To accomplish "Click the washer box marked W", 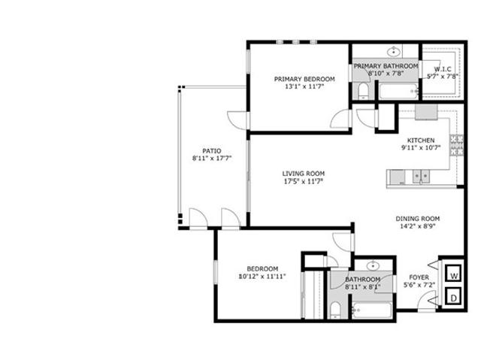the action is point(454,273).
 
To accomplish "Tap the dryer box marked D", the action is point(454,296).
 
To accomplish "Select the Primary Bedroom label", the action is point(304,79).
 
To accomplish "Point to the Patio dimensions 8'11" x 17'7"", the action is point(212,159).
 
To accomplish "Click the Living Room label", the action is point(304,174).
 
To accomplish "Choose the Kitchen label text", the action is point(421,141).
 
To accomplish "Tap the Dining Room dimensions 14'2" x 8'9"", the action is point(418,227).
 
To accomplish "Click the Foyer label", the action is point(419,277).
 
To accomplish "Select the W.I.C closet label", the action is point(443,69).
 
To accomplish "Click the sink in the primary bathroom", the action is point(393,52).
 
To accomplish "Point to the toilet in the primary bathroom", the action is point(364,91).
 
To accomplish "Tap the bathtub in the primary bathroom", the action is point(398,91).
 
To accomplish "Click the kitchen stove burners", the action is point(456,146).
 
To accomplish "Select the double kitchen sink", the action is point(421,177).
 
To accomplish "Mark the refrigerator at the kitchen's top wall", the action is point(426,112).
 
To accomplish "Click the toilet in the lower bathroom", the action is point(335,310).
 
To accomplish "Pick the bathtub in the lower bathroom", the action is point(372,310).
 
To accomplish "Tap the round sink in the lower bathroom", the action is point(373,265).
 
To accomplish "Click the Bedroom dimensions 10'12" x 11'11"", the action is point(262,277).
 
